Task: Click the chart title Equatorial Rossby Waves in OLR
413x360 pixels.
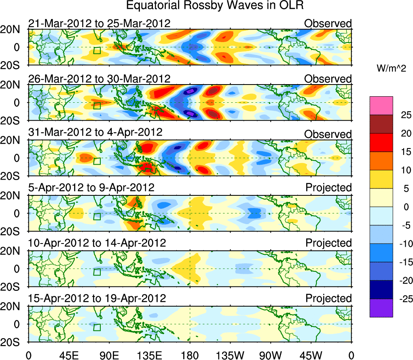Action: tap(214, 6)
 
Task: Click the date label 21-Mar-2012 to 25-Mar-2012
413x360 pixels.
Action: tap(99, 23)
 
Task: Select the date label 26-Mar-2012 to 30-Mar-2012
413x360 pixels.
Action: tap(99, 78)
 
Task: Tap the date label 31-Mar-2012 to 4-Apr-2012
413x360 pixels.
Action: tap(95, 132)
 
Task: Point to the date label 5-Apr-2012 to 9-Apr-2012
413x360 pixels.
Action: tap(91, 188)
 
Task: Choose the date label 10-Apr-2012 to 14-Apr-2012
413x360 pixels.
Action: tap(97, 243)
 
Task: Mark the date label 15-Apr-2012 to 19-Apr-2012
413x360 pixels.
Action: tap(97, 299)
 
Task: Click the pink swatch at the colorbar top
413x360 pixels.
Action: tap(381, 106)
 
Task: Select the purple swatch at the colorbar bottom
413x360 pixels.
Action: tap(381, 308)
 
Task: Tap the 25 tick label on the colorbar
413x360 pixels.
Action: tap(404, 115)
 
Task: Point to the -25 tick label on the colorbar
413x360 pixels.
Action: tap(402, 299)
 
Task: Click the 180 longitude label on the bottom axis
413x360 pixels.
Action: tap(190, 355)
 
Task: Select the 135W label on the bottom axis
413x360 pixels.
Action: tap(230, 355)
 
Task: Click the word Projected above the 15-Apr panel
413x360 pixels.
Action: tap(328, 299)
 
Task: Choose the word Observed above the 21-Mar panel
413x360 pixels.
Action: tap(328, 23)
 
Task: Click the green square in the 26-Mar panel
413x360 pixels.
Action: tap(97, 106)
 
